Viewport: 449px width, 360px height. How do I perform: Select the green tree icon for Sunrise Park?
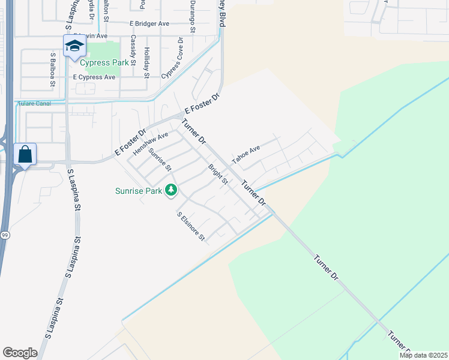172,190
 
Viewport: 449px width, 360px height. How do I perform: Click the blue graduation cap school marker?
74,46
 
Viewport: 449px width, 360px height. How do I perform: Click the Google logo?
20,352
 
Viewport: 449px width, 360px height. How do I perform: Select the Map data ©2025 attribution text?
423,355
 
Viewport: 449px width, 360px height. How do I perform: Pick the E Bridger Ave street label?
149,23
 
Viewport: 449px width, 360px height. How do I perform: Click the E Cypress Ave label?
94,77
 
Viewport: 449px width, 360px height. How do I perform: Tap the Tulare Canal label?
34,103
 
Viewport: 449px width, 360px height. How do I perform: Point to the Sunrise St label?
160,159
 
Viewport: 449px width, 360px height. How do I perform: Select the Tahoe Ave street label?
246,155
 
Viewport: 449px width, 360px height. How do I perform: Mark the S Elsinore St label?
191,226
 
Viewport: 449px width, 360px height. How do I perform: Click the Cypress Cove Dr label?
172,58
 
